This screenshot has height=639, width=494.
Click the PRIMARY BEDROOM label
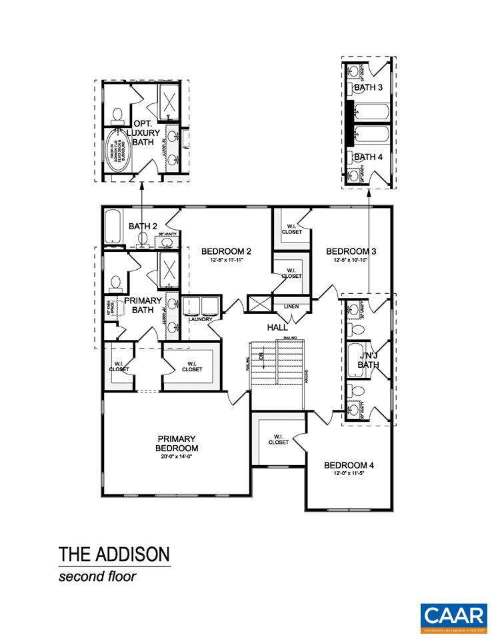coord(177,443)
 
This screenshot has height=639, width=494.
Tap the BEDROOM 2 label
coord(226,251)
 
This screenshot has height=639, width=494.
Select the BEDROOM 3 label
coord(351,251)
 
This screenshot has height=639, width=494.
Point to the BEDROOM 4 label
coord(349,465)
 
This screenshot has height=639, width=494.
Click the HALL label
coord(277,328)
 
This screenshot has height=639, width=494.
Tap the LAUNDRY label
coord(200,319)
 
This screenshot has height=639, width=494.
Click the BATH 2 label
coord(143,227)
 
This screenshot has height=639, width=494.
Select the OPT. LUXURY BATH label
coord(147,133)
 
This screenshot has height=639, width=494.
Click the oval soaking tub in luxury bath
coord(119,151)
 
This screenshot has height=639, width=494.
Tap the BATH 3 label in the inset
coord(368,87)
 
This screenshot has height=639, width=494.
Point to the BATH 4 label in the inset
coord(368,157)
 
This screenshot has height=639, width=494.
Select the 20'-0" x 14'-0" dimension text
coord(177,457)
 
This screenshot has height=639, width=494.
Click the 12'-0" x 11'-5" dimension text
coord(349,474)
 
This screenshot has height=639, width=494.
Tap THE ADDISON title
coord(114,554)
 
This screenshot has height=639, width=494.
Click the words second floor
coord(97,576)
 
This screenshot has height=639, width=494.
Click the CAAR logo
coord(453,615)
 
